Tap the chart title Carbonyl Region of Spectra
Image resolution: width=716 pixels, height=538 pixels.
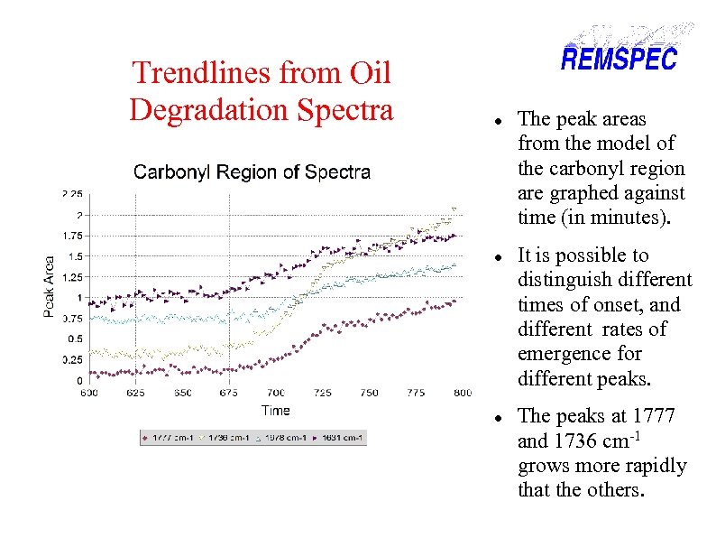click(252, 172)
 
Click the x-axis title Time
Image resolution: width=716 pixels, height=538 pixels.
click(276, 410)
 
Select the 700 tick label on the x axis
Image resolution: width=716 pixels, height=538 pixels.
click(276, 393)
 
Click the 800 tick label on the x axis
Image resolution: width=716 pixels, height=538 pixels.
click(462, 393)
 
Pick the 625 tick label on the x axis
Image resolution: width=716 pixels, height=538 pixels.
click(136, 393)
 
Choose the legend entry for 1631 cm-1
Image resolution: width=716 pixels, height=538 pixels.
click(340, 438)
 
